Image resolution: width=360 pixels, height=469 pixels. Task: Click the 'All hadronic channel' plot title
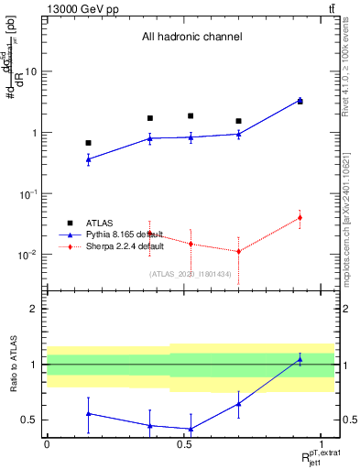[191, 38]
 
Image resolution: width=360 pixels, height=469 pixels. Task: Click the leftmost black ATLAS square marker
[88, 143]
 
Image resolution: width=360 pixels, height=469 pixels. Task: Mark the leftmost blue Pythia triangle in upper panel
[88, 159]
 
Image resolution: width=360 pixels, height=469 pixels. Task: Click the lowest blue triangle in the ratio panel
[191, 429]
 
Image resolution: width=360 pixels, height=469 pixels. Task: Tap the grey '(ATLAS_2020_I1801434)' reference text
[191, 272]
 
